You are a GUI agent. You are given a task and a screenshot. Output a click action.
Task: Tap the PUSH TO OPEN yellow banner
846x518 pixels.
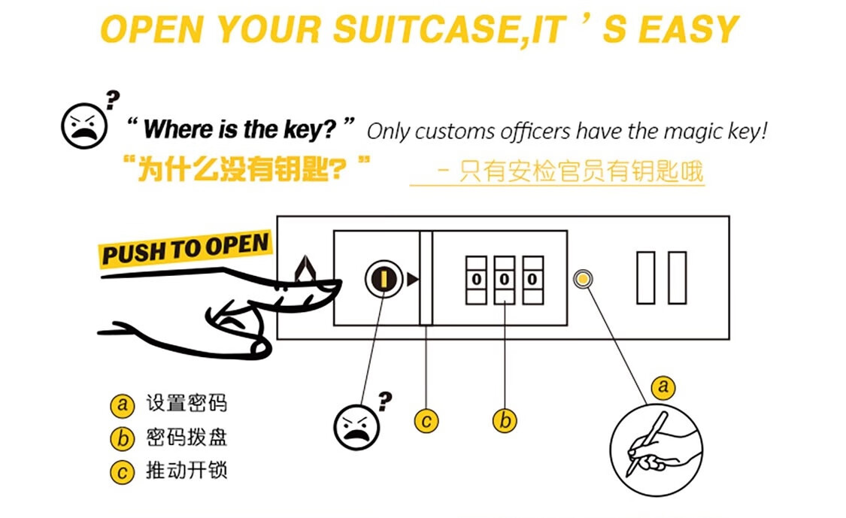tap(185, 249)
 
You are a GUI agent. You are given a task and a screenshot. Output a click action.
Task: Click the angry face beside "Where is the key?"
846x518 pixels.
tap(84, 126)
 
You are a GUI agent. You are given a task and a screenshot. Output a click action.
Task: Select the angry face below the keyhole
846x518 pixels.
tap(356, 427)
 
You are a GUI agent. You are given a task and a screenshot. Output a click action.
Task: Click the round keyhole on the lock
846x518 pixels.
tap(384, 279)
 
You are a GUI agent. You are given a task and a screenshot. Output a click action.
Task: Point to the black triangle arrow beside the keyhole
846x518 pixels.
tap(412, 279)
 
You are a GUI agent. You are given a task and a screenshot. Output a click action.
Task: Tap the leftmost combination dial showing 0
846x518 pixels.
tap(477, 280)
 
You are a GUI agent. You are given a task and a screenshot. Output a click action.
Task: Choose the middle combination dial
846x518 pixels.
tap(505, 280)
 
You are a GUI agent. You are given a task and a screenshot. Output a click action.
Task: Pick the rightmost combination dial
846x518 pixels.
tap(532, 280)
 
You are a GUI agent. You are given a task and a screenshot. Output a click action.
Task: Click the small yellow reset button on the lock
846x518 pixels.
tap(583, 279)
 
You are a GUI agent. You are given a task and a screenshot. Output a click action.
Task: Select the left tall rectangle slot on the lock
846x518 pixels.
tap(646, 278)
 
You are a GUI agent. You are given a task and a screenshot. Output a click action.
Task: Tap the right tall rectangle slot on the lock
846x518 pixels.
tap(677, 278)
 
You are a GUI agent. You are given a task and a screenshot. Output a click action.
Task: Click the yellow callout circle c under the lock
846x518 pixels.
tap(426, 421)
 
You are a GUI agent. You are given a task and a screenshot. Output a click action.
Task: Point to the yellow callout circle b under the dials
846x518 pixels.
tap(505, 421)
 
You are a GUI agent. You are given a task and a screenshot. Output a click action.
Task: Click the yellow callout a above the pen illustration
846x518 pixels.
tap(663, 386)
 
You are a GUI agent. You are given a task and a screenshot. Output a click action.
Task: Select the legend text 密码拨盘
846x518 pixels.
tap(186, 437)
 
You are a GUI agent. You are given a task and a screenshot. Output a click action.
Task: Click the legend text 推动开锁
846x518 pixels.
tap(186, 471)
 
